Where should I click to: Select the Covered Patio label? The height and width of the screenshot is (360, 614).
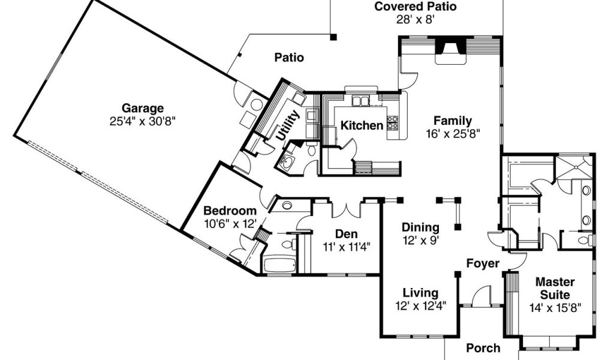coord(416,7)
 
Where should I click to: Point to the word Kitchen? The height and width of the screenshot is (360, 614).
coord(362,126)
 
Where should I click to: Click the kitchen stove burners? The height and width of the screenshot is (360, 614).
coord(393,123)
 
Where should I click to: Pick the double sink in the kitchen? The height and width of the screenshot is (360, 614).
coord(360,101)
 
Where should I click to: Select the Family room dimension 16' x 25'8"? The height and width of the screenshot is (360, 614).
coord(453,133)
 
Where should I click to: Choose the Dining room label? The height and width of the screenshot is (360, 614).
coord(420,228)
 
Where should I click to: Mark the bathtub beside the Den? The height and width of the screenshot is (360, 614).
coord(278,265)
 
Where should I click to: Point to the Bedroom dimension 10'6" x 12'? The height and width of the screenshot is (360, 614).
coord(230,223)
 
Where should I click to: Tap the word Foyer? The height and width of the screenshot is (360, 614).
coord(483,263)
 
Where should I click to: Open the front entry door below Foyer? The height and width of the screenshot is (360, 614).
coord(481,297)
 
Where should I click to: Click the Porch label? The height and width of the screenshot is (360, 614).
coord(483,348)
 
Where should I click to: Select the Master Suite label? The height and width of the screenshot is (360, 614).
coord(555,288)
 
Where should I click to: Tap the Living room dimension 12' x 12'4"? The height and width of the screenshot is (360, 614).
coord(420,305)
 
